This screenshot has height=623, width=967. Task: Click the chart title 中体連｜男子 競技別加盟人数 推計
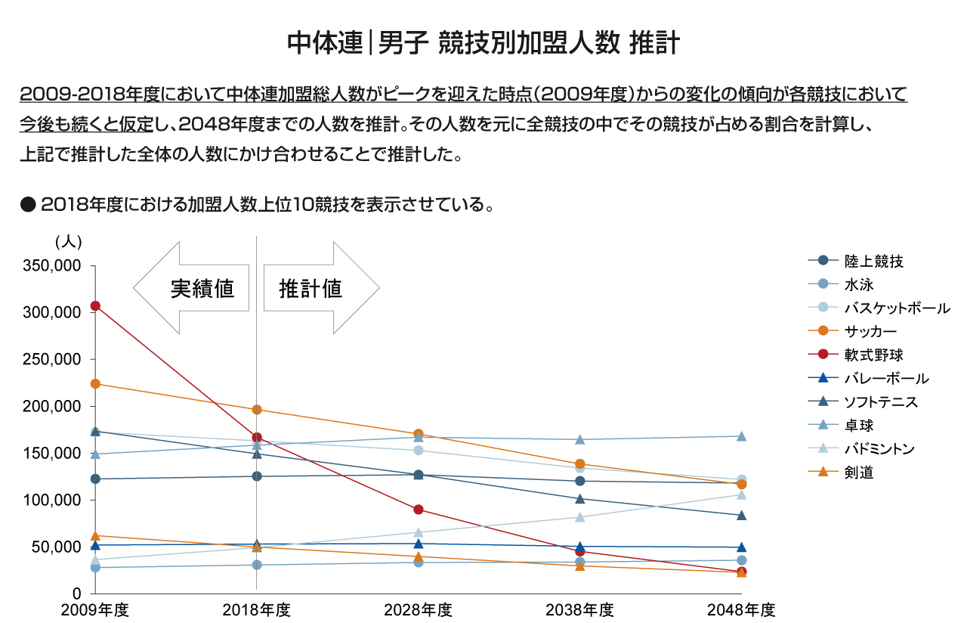click(x=483, y=43)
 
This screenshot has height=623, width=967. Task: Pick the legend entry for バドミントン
click(x=879, y=449)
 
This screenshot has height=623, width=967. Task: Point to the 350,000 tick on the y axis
click(x=54, y=266)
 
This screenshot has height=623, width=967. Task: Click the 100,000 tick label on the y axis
click(x=54, y=500)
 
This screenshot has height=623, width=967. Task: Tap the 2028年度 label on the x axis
click(x=419, y=609)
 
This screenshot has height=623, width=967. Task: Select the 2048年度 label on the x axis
click(x=742, y=609)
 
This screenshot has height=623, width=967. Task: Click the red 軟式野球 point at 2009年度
click(x=95, y=306)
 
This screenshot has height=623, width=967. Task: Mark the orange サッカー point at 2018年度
click(x=257, y=410)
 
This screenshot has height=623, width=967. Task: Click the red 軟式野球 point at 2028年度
click(x=419, y=510)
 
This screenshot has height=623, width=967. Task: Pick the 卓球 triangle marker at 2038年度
click(x=580, y=439)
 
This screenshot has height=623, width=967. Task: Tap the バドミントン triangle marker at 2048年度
click(x=742, y=494)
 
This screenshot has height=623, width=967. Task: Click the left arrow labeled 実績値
click(x=192, y=289)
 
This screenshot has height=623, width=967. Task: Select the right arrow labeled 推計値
click(x=320, y=289)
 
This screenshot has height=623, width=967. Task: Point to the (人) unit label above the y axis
click(x=69, y=242)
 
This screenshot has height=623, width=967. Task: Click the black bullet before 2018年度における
click(x=29, y=205)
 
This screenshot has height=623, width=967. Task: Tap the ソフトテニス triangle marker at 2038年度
click(x=580, y=498)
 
